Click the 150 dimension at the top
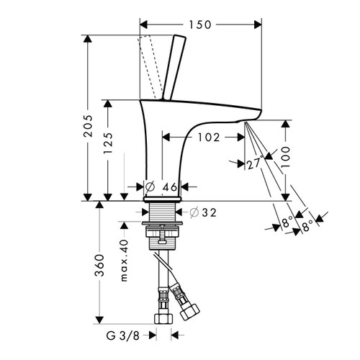point(199,25)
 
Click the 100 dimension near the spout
point(287,156)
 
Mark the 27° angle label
point(253,163)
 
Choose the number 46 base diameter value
point(169,187)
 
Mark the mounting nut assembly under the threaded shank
point(163,235)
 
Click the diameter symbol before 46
point(150,187)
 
